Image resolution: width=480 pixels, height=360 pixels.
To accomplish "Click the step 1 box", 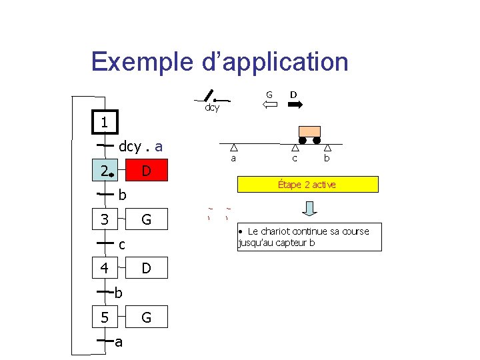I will click(105, 122).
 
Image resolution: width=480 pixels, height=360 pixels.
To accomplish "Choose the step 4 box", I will click(105, 268).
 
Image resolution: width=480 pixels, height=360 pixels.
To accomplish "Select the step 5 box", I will click(105, 317).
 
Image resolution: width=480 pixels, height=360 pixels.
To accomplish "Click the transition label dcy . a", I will click(141, 146).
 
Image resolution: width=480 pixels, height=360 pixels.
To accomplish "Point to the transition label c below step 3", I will click(122, 245).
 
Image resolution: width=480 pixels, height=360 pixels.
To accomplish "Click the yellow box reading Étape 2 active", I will click(307, 184).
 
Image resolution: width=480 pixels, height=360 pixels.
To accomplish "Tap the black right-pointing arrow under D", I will click(295, 105).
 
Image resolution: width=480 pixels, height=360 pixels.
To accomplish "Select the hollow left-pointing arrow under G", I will click(269, 105).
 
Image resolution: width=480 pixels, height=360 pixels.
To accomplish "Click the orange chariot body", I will click(309, 131).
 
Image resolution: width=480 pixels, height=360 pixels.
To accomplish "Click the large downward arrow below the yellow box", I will click(310, 208).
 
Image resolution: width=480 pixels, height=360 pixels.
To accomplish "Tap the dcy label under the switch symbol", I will click(212, 107).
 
